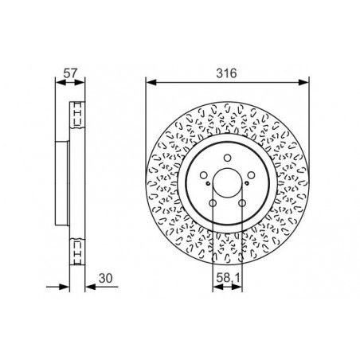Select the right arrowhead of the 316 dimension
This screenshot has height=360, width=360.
point(306,81)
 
